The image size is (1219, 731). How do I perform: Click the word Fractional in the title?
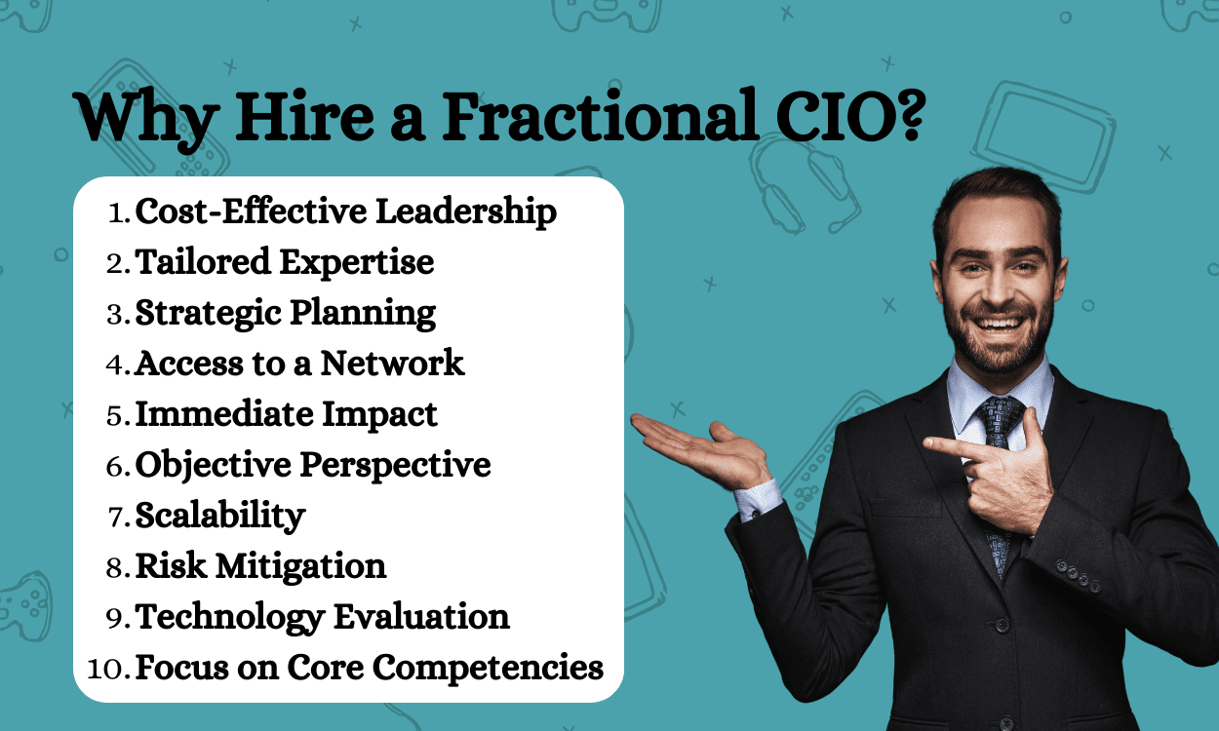click(x=600, y=117)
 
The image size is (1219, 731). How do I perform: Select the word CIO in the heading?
click(x=826, y=117)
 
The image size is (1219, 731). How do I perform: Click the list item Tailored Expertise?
click(x=284, y=263)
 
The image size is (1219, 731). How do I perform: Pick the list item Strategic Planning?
click(x=285, y=314)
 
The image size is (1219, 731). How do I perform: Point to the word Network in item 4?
click(x=392, y=364)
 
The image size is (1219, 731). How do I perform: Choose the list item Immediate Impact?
click(x=286, y=414)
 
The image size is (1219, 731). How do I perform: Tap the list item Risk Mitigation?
click(x=260, y=566)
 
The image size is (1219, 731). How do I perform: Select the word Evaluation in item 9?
click(x=421, y=617)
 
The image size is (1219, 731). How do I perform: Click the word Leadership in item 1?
click(x=466, y=212)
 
